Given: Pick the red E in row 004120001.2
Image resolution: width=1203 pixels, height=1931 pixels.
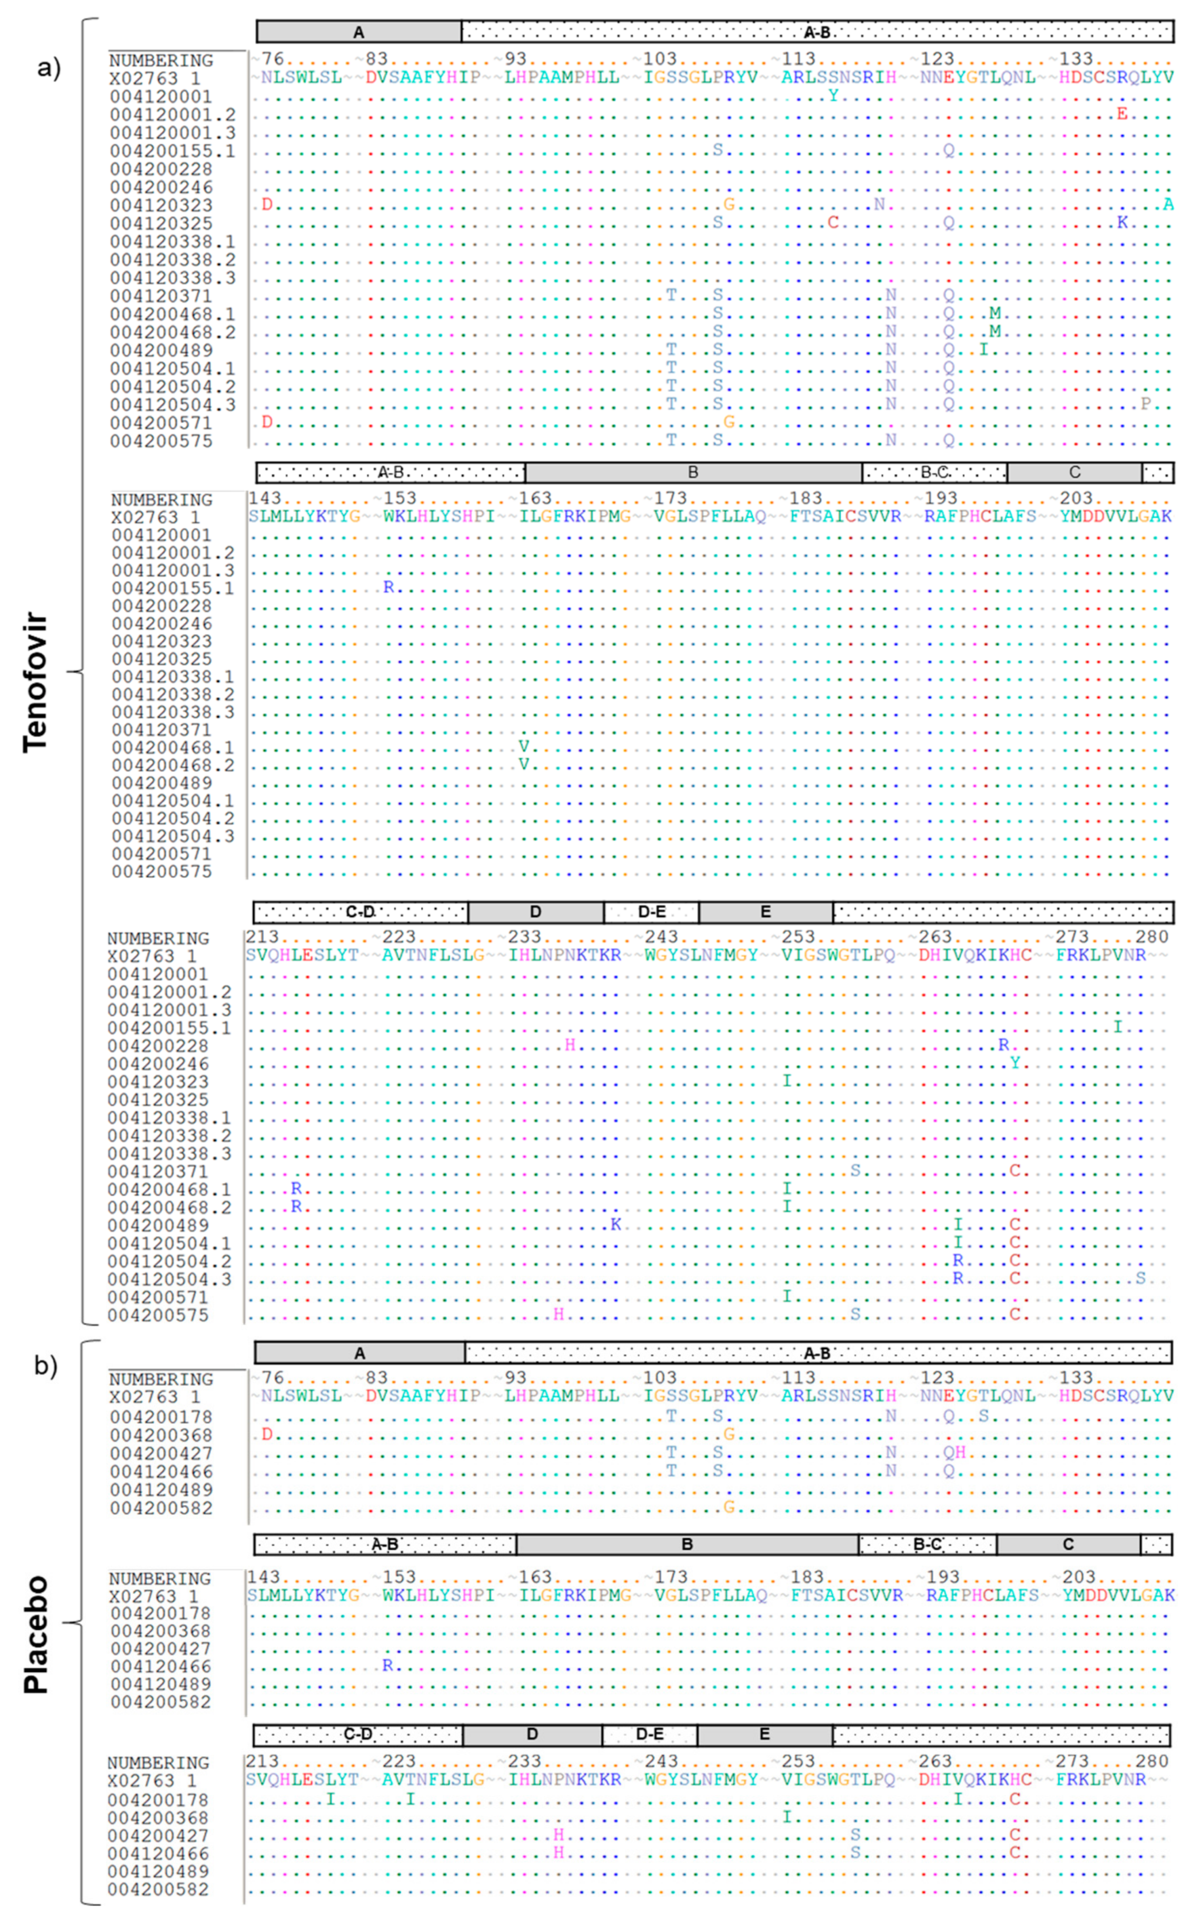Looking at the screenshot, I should [1122, 114].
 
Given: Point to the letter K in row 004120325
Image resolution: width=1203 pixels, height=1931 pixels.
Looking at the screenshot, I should [1122, 222].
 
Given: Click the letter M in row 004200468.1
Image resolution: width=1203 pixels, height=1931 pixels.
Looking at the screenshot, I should [995, 313].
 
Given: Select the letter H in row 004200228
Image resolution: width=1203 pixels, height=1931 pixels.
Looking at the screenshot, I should [570, 1045].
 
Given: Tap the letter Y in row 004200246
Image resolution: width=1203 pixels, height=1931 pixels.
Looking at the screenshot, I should [1015, 1063].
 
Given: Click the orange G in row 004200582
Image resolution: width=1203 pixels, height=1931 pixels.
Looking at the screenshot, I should [729, 1507].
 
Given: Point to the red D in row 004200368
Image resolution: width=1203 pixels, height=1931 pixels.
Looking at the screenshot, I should [267, 1434].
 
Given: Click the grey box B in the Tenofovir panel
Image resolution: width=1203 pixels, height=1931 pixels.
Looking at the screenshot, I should [693, 472].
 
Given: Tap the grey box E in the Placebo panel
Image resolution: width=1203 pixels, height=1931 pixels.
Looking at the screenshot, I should [764, 1735].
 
